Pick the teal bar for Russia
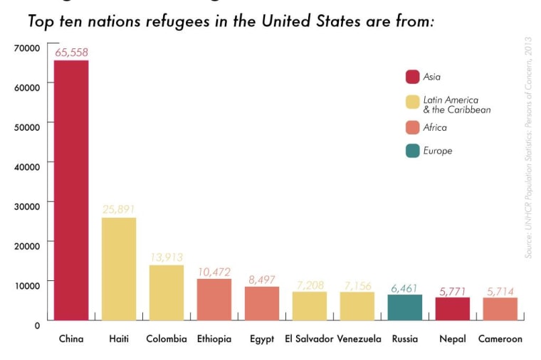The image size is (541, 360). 405,307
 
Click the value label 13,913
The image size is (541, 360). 167,257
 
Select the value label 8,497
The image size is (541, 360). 261,279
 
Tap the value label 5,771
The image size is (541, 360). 452,290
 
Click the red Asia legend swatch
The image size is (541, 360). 412,77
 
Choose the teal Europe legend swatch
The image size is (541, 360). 412,151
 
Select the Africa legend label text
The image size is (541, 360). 435,127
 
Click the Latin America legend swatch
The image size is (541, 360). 412,102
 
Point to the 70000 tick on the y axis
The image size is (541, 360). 26,48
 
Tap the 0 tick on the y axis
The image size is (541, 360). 36,324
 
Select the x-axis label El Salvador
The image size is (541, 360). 309,339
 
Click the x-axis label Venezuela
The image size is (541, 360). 359,339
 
